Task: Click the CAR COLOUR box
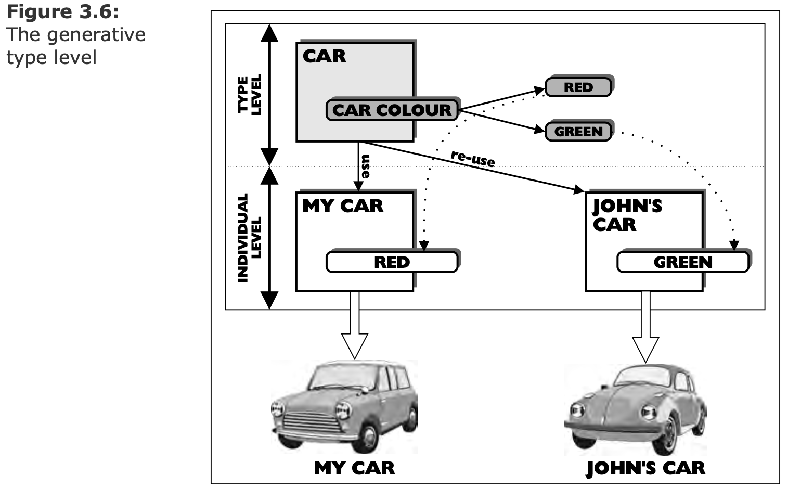click(392, 110)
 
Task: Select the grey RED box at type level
click(578, 87)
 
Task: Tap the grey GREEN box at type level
click(578, 132)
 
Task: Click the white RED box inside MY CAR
click(392, 262)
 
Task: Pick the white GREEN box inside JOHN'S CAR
click(682, 262)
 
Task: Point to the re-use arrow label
click(472, 158)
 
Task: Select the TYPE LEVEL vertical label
click(250, 95)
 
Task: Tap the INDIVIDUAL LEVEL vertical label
click(250, 238)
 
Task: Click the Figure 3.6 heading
click(62, 11)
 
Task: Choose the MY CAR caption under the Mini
click(354, 468)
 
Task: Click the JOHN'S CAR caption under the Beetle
click(645, 468)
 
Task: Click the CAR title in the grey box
click(324, 56)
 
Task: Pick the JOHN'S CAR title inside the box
click(627, 215)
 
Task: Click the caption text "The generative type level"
click(75, 46)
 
